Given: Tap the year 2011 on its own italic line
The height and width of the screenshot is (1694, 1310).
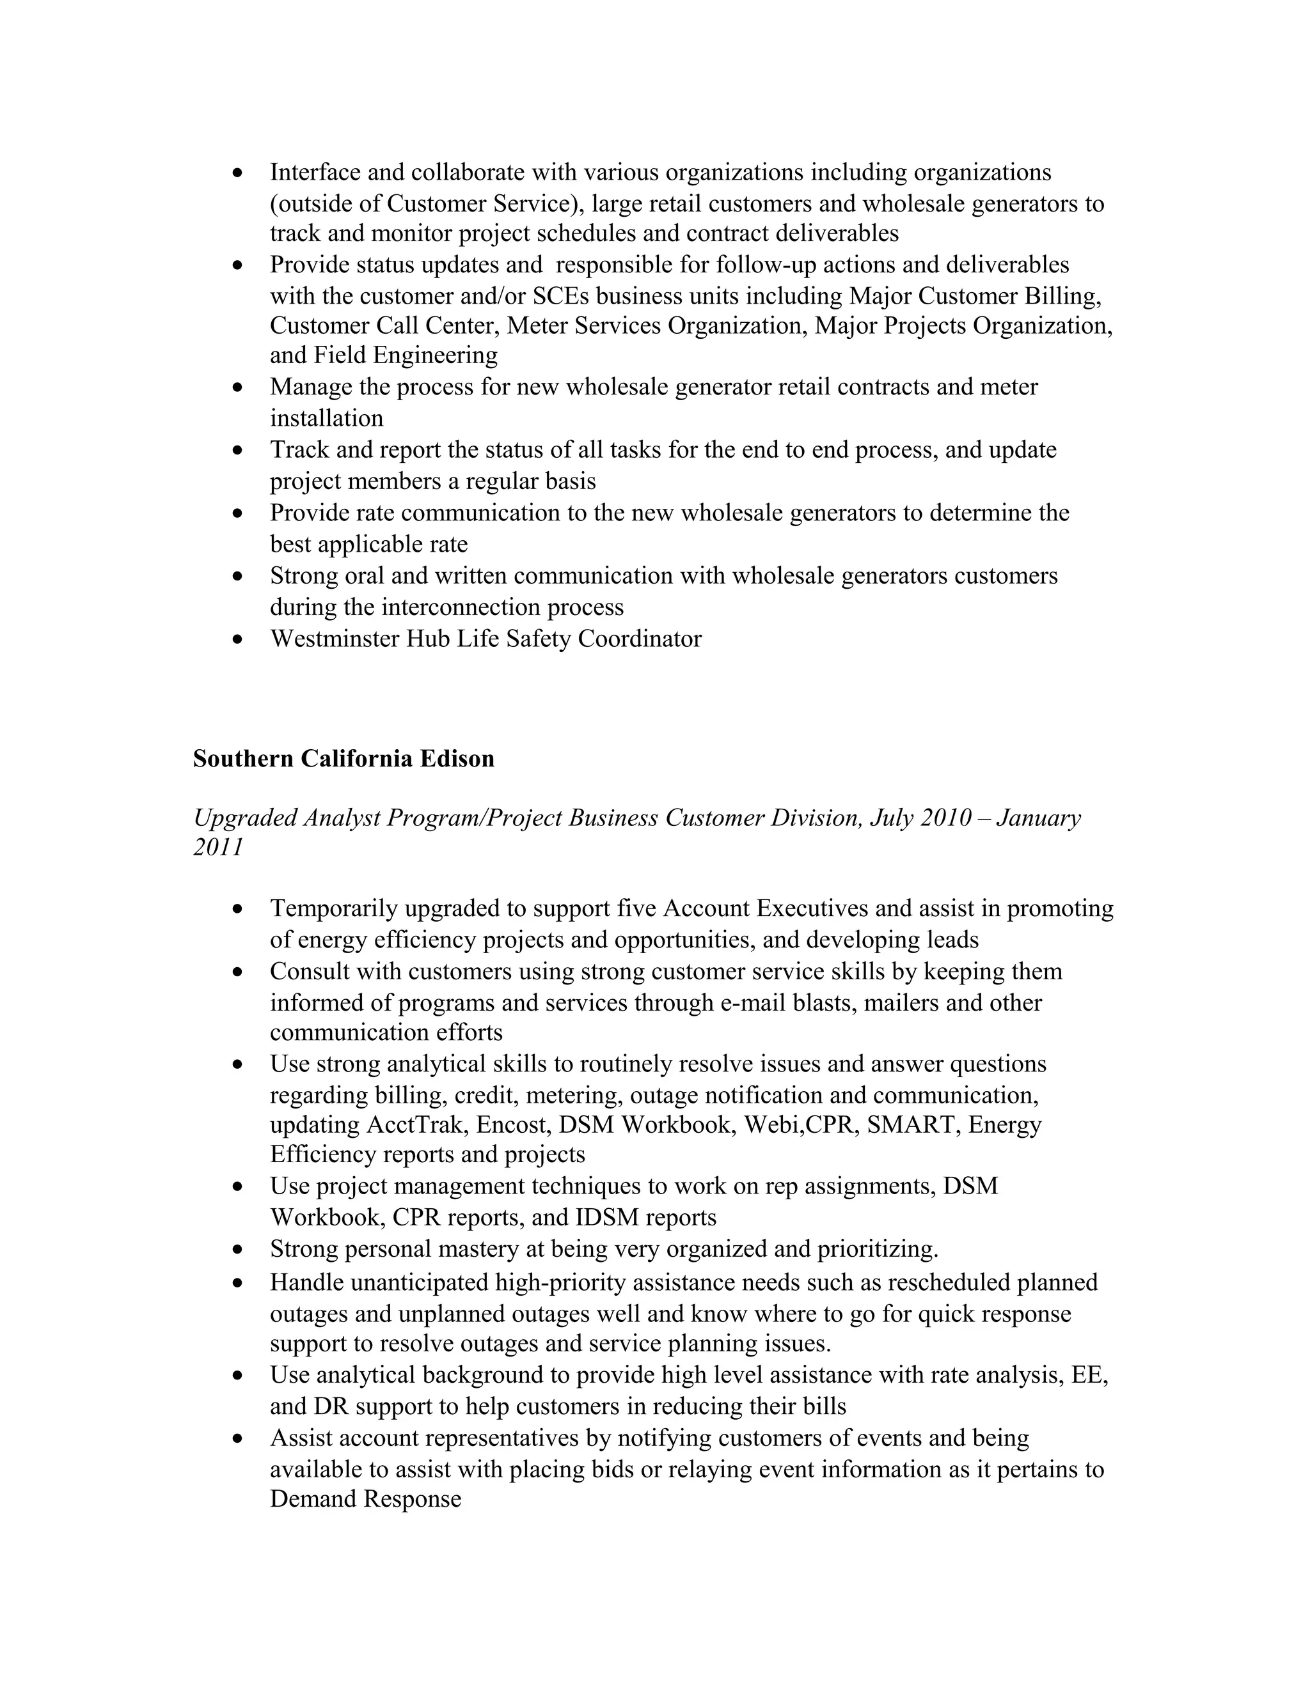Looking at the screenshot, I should coord(218,847).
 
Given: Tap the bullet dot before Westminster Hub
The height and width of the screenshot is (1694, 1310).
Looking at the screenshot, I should coord(238,640).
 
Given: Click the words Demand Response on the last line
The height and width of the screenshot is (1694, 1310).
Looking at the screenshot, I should coord(365,1498).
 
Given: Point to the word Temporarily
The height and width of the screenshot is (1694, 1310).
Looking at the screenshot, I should coord(334,908).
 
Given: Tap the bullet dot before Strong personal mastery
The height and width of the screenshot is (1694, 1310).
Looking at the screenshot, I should coord(238,1250).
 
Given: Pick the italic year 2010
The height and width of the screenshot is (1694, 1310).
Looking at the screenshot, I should coord(945,818).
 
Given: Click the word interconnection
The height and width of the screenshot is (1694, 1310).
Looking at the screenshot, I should coord(443,607).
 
